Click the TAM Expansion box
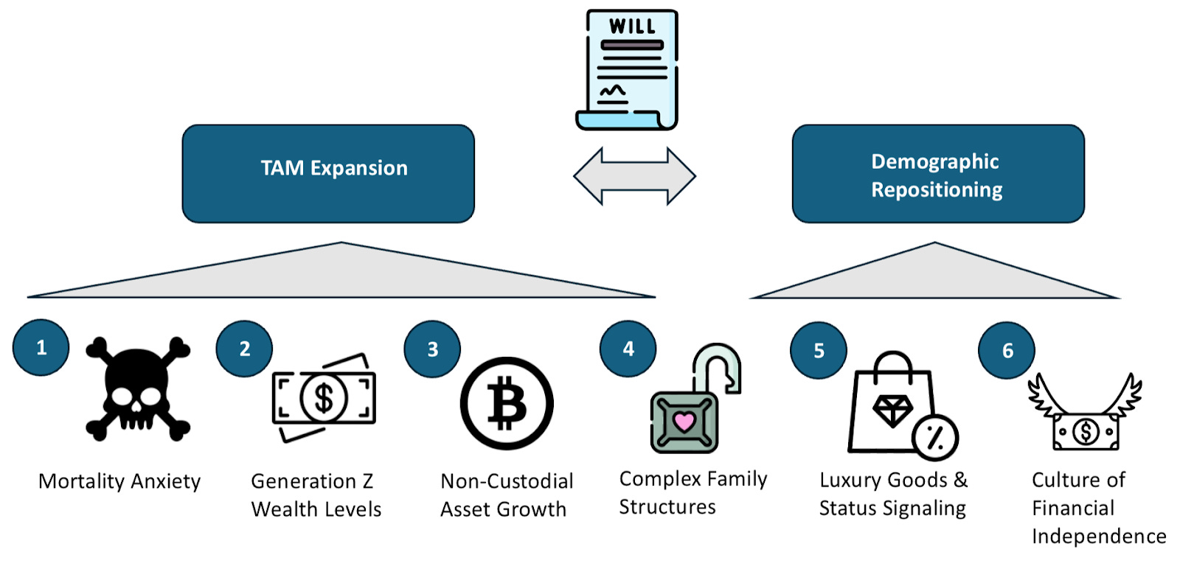328,174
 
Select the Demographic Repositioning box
937,174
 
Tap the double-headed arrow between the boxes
634,175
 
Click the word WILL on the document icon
632,27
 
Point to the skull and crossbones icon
138,388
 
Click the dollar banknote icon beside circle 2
324,398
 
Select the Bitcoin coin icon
507,403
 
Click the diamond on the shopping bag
892,410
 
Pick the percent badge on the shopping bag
934,437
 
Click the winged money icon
1085,416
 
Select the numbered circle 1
41,347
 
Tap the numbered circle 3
432,349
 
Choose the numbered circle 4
628,349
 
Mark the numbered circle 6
1007,350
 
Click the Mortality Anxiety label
119,481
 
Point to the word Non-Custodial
507,481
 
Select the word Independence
1099,536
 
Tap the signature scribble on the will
612,91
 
